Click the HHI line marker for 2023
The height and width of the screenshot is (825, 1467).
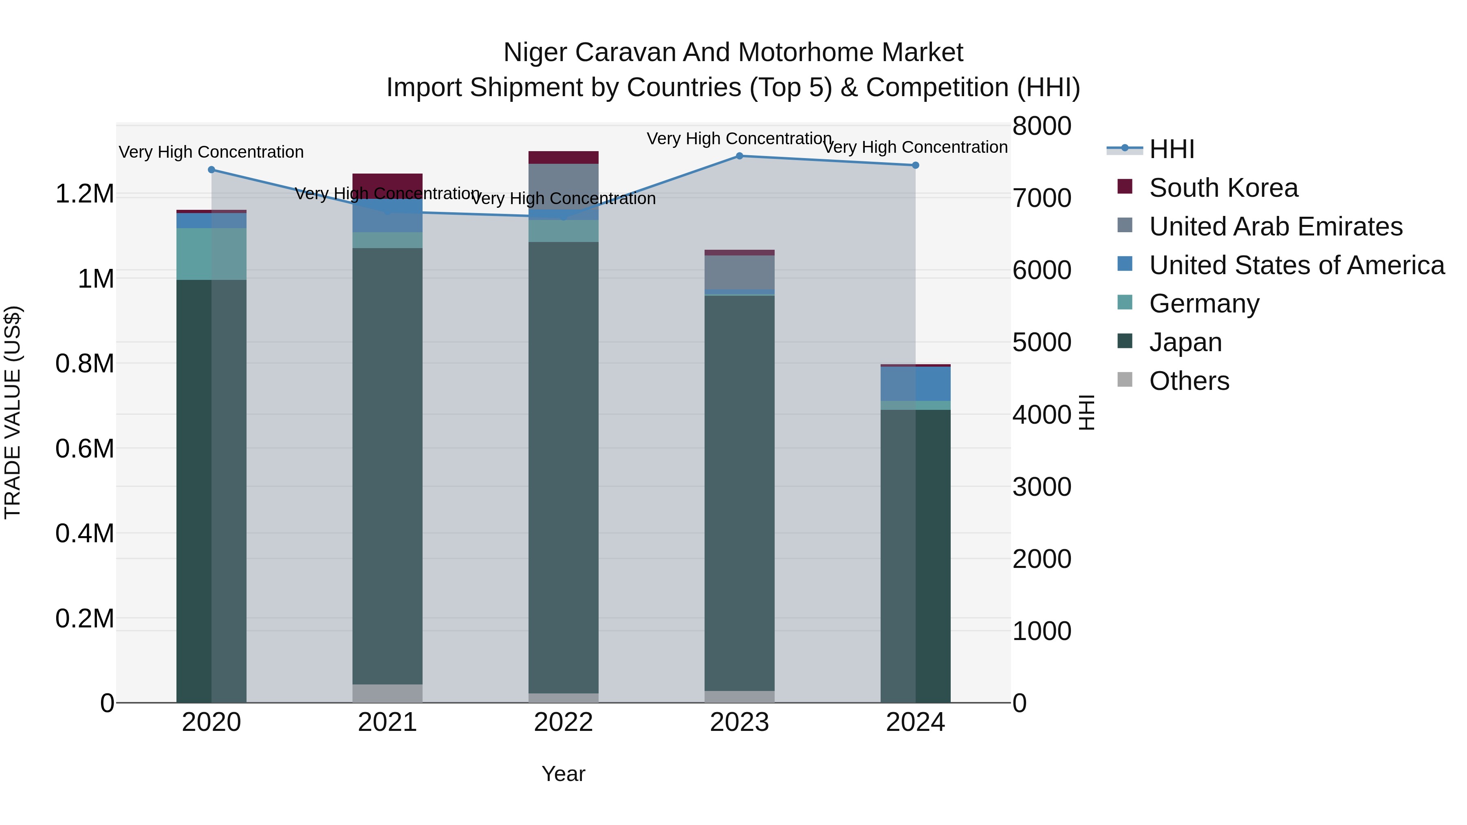pos(739,156)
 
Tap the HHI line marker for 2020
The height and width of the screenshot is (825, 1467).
pos(211,169)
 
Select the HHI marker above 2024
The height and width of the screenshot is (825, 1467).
pos(915,165)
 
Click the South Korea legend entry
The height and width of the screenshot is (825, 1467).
pos(1223,188)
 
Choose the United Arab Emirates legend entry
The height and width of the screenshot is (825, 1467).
pos(1275,227)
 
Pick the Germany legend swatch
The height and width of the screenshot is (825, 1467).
pos(1125,302)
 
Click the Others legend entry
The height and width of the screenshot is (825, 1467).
pos(1189,381)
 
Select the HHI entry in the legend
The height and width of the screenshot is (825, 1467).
pos(1172,149)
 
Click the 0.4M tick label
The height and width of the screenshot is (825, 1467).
pos(84,533)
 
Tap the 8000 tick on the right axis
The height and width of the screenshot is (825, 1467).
pos(1042,126)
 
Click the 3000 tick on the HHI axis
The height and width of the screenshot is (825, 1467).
pos(1042,487)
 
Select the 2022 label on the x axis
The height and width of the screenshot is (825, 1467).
pos(563,722)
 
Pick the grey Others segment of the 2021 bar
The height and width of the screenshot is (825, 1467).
pos(387,693)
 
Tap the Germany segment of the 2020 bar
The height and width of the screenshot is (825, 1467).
pos(211,254)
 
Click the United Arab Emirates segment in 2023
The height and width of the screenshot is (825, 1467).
pos(739,272)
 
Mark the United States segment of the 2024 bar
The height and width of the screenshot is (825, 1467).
pos(915,383)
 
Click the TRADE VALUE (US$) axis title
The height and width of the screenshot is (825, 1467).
pos(13,412)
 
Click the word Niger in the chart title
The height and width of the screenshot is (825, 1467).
pos(531,53)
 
